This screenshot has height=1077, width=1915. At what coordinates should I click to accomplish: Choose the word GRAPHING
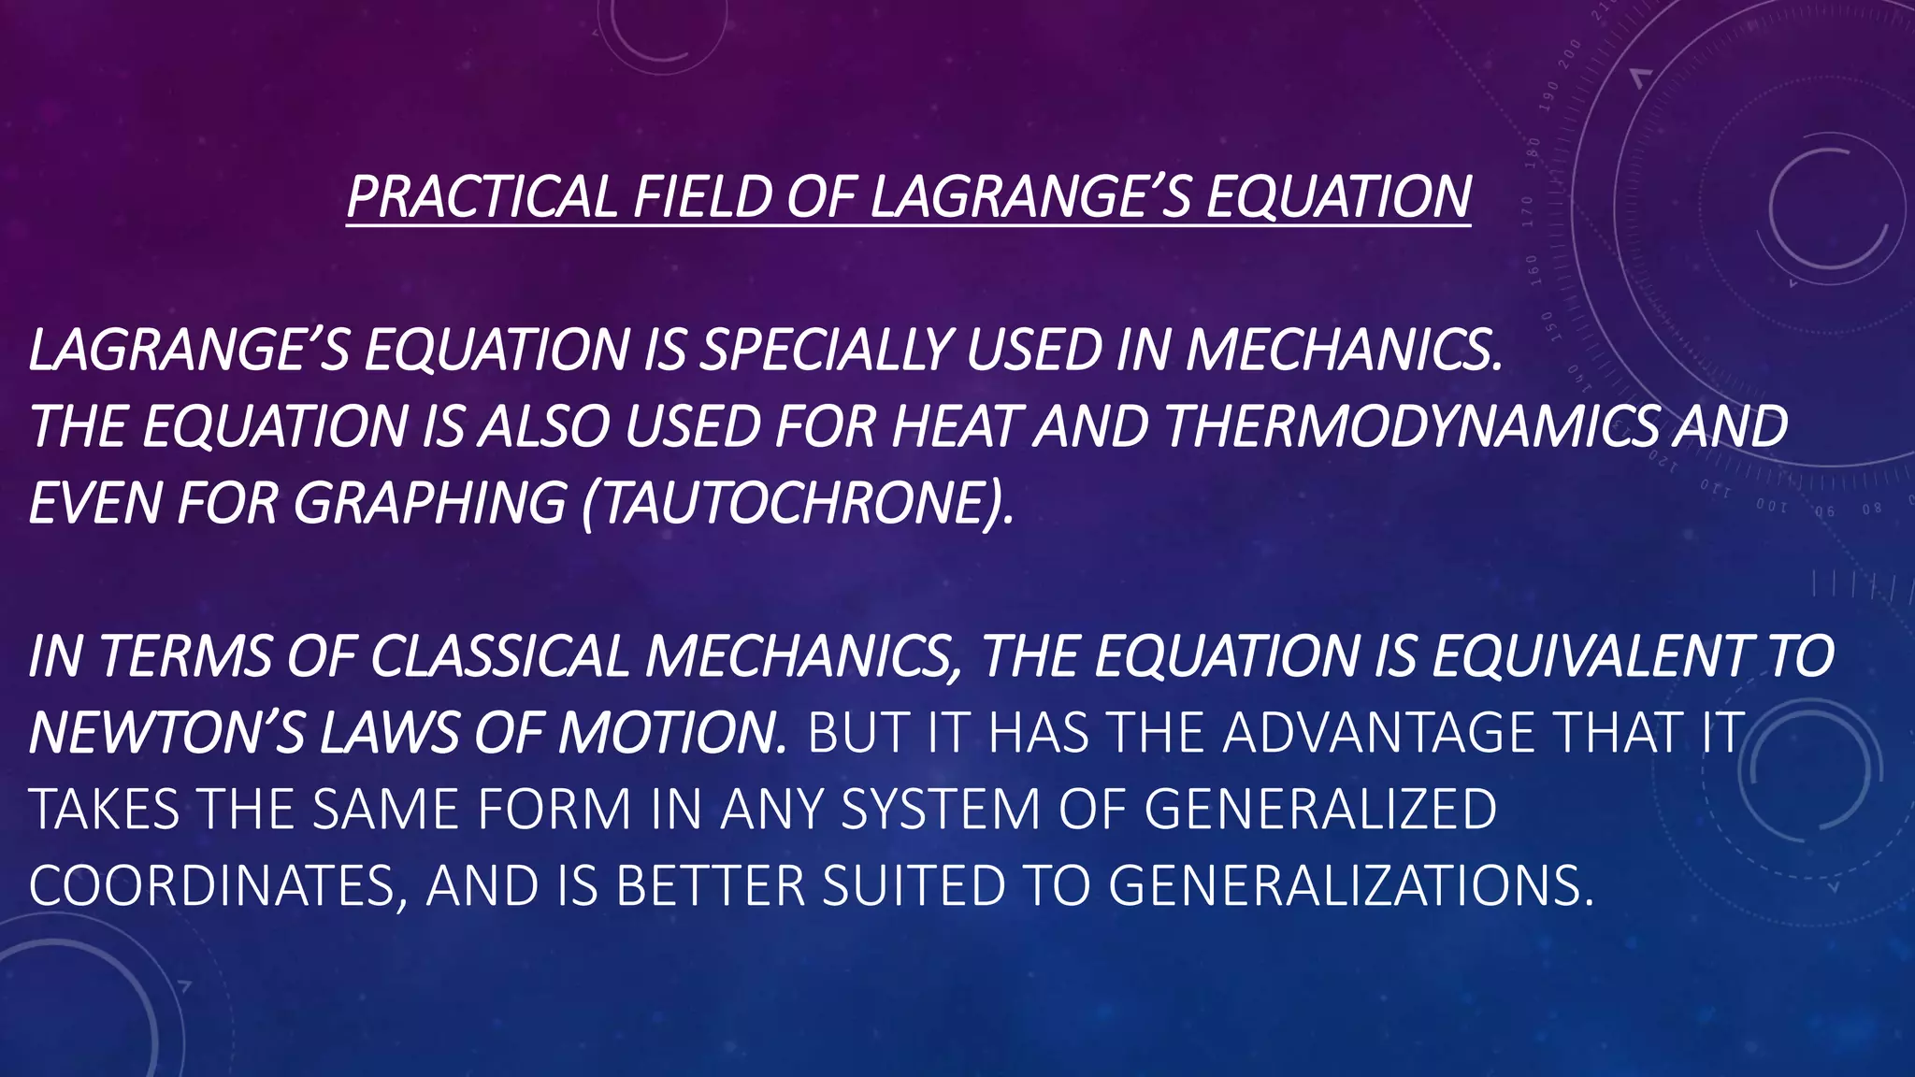pos(429,503)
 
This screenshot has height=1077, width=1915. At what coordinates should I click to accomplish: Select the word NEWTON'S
pos(166,733)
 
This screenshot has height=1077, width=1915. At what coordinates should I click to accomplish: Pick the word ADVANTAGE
pos(1378,733)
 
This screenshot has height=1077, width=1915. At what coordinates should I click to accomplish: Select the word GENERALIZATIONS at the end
pos(1350,886)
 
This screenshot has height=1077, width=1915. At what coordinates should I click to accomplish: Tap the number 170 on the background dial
pos(1527,211)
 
